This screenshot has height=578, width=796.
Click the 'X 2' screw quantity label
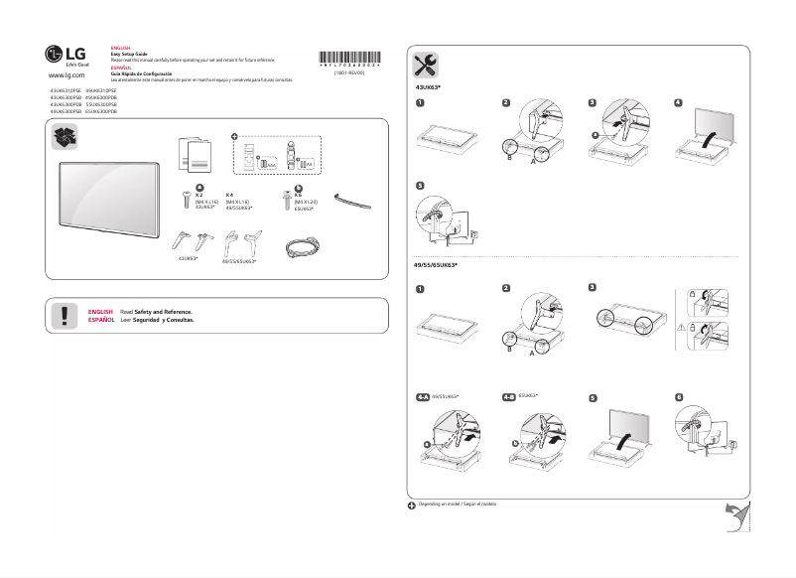[x=199, y=195]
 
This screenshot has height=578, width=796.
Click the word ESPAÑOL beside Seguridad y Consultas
[x=100, y=321]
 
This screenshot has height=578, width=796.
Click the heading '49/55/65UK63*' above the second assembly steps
[x=435, y=266]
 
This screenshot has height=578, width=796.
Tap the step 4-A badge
[x=423, y=396]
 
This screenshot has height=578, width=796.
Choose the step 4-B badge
[x=508, y=396]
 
